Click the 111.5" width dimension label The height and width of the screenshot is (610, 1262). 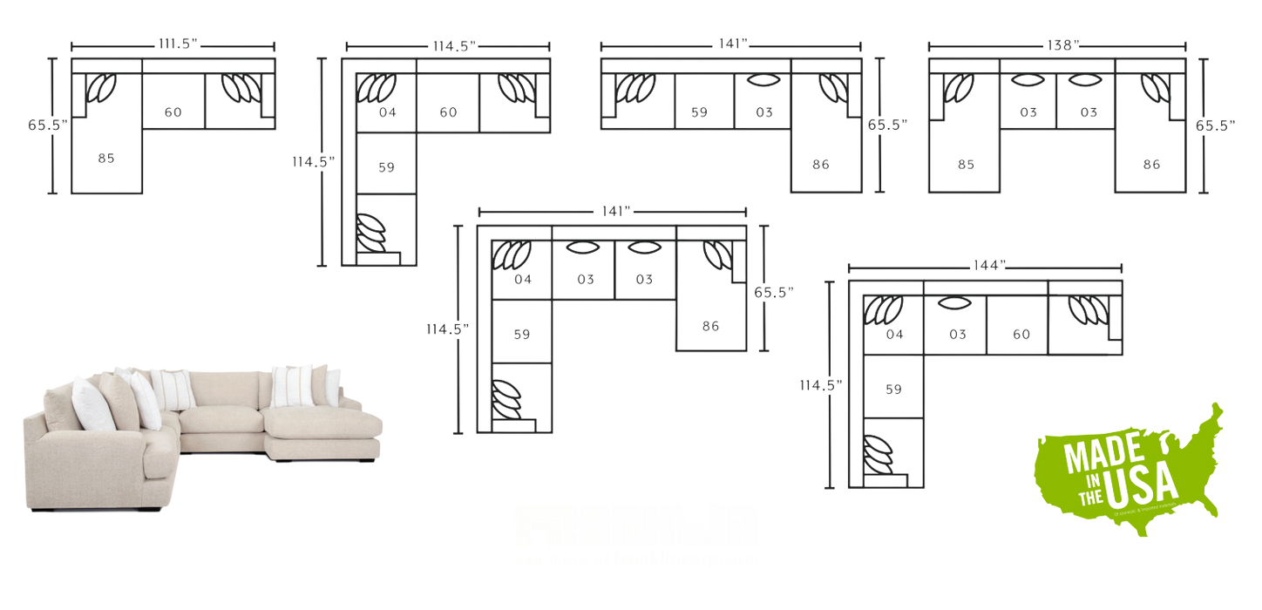(173, 44)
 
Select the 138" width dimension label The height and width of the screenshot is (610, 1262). (1056, 44)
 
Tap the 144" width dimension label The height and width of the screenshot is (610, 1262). (985, 262)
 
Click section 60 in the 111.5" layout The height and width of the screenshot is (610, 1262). (173, 112)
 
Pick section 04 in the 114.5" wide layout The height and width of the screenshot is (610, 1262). (388, 112)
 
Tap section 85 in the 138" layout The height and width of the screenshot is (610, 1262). (965, 164)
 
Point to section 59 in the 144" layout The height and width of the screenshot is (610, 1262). (892, 389)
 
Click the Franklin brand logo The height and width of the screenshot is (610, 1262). (636, 525)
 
